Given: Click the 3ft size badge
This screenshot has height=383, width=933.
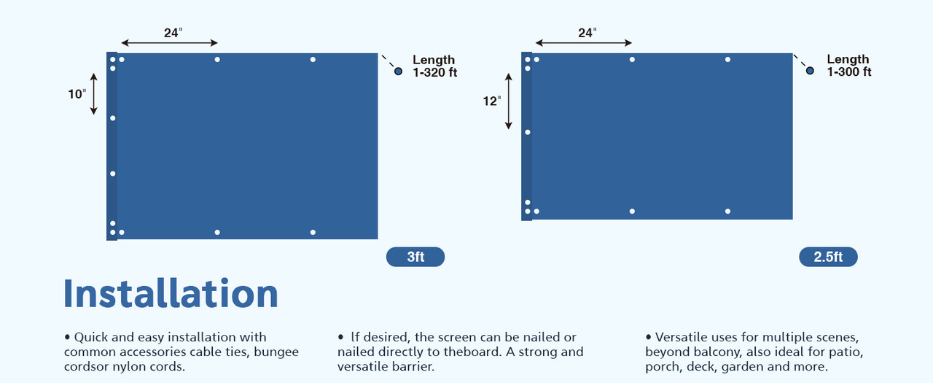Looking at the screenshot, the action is pyautogui.click(x=415, y=257).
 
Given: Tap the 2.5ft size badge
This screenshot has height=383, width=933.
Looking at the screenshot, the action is pyautogui.click(x=828, y=257).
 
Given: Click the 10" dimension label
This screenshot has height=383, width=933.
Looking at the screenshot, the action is pyautogui.click(x=77, y=94).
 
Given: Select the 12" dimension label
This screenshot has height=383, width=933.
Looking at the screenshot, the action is pyautogui.click(x=492, y=101).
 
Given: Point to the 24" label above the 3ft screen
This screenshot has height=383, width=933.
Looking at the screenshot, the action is pyautogui.click(x=172, y=33).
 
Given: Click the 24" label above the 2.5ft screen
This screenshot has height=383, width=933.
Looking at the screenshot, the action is pyautogui.click(x=587, y=33).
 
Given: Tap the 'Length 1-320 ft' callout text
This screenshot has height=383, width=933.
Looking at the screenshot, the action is pyautogui.click(x=434, y=66).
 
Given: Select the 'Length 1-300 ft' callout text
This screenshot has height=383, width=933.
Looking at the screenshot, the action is pyautogui.click(x=848, y=66).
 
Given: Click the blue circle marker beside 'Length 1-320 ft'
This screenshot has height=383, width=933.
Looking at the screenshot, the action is pyautogui.click(x=398, y=71).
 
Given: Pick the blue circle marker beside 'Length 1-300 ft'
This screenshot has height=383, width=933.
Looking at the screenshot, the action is pyautogui.click(x=810, y=71).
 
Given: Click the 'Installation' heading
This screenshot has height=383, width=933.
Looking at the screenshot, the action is pyautogui.click(x=171, y=293).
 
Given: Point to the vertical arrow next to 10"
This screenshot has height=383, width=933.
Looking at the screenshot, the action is pyautogui.click(x=94, y=93).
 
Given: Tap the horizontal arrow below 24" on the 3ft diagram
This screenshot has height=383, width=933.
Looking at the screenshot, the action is pyautogui.click(x=169, y=43).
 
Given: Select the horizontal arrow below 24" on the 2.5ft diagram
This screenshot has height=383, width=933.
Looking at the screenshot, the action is pyautogui.click(x=583, y=43).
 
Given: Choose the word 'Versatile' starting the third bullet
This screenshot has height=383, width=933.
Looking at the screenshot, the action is pyautogui.click(x=685, y=337).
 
